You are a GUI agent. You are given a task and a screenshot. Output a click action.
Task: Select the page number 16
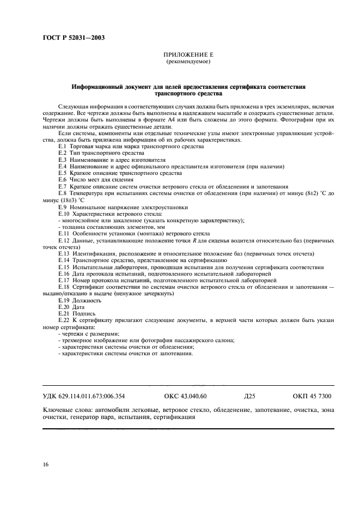[45, 464]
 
